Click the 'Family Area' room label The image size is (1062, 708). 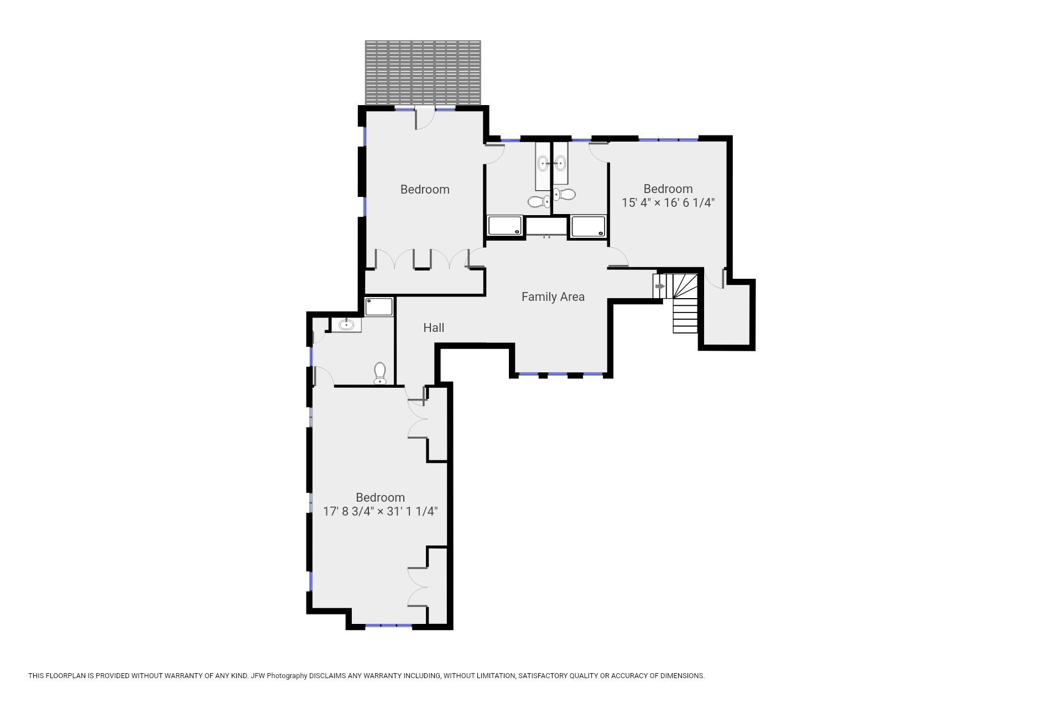pos(553,297)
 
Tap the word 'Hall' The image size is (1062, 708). pos(434,328)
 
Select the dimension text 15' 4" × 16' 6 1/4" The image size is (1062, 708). pos(668,203)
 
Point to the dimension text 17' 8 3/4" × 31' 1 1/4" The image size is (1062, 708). pos(380,512)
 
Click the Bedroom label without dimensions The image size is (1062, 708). pos(425,190)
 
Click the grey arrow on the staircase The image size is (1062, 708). pos(660,287)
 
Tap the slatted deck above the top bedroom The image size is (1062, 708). pos(423,72)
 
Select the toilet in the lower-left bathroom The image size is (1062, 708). pos(379,373)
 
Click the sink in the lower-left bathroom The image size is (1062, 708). pos(346,325)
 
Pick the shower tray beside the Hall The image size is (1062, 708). pos(379,306)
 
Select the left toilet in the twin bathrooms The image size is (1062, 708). pos(537,201)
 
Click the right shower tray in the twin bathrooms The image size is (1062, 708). pos(588,227)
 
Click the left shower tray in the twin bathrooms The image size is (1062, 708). pos(504,226)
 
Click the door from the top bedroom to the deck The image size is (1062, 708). pos(424,119)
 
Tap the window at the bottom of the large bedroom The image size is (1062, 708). pos(388,626)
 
